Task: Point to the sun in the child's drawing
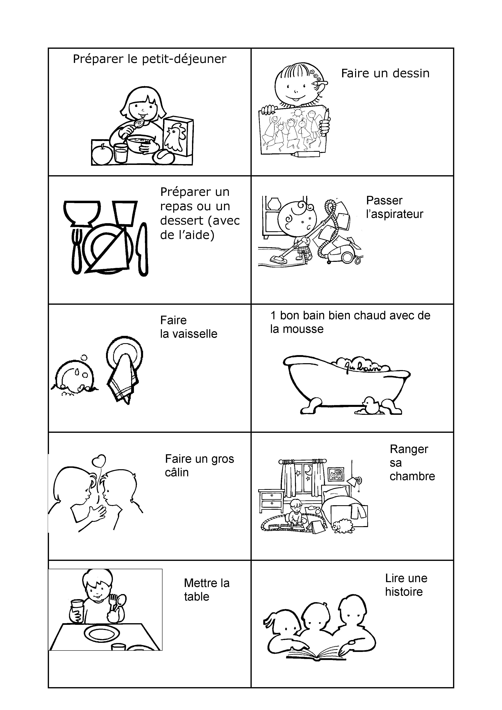pos(298,112)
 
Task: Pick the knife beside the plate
pos(143,249)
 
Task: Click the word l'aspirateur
pos(395,214)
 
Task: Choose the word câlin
pos(177,472)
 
